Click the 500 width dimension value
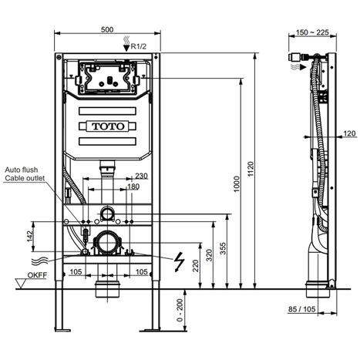coord(109,30)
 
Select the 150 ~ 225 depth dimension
coord(311,32)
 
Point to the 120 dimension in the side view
coord(340,133)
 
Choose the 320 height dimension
coord(208,254)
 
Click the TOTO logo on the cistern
coord(108,125)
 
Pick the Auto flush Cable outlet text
coord(25,173)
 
